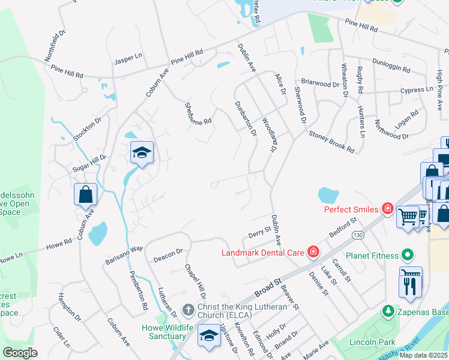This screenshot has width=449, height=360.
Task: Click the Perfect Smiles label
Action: pyautogui.click(x=351, y=209)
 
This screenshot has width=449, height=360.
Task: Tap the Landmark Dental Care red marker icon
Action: pyautogui.click(x=313, y=252)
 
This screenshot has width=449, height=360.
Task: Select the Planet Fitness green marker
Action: pyautogui.click(x=408, y=256)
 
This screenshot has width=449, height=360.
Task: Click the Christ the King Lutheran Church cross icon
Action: pyautogui.click(x=187, y=310)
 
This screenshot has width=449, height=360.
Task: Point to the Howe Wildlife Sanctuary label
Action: pyautogui.click(x=163, y=332)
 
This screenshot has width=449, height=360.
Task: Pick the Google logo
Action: pyautogui.click(x=20, y=353)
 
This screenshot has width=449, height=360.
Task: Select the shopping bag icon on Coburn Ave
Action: pyautogui.click(x=86, y=194)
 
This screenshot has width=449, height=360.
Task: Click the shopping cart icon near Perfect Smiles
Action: pyautogui.click(x=408, y=215)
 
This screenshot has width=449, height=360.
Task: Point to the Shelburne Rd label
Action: pyautogui.click(x=199, y=113)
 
